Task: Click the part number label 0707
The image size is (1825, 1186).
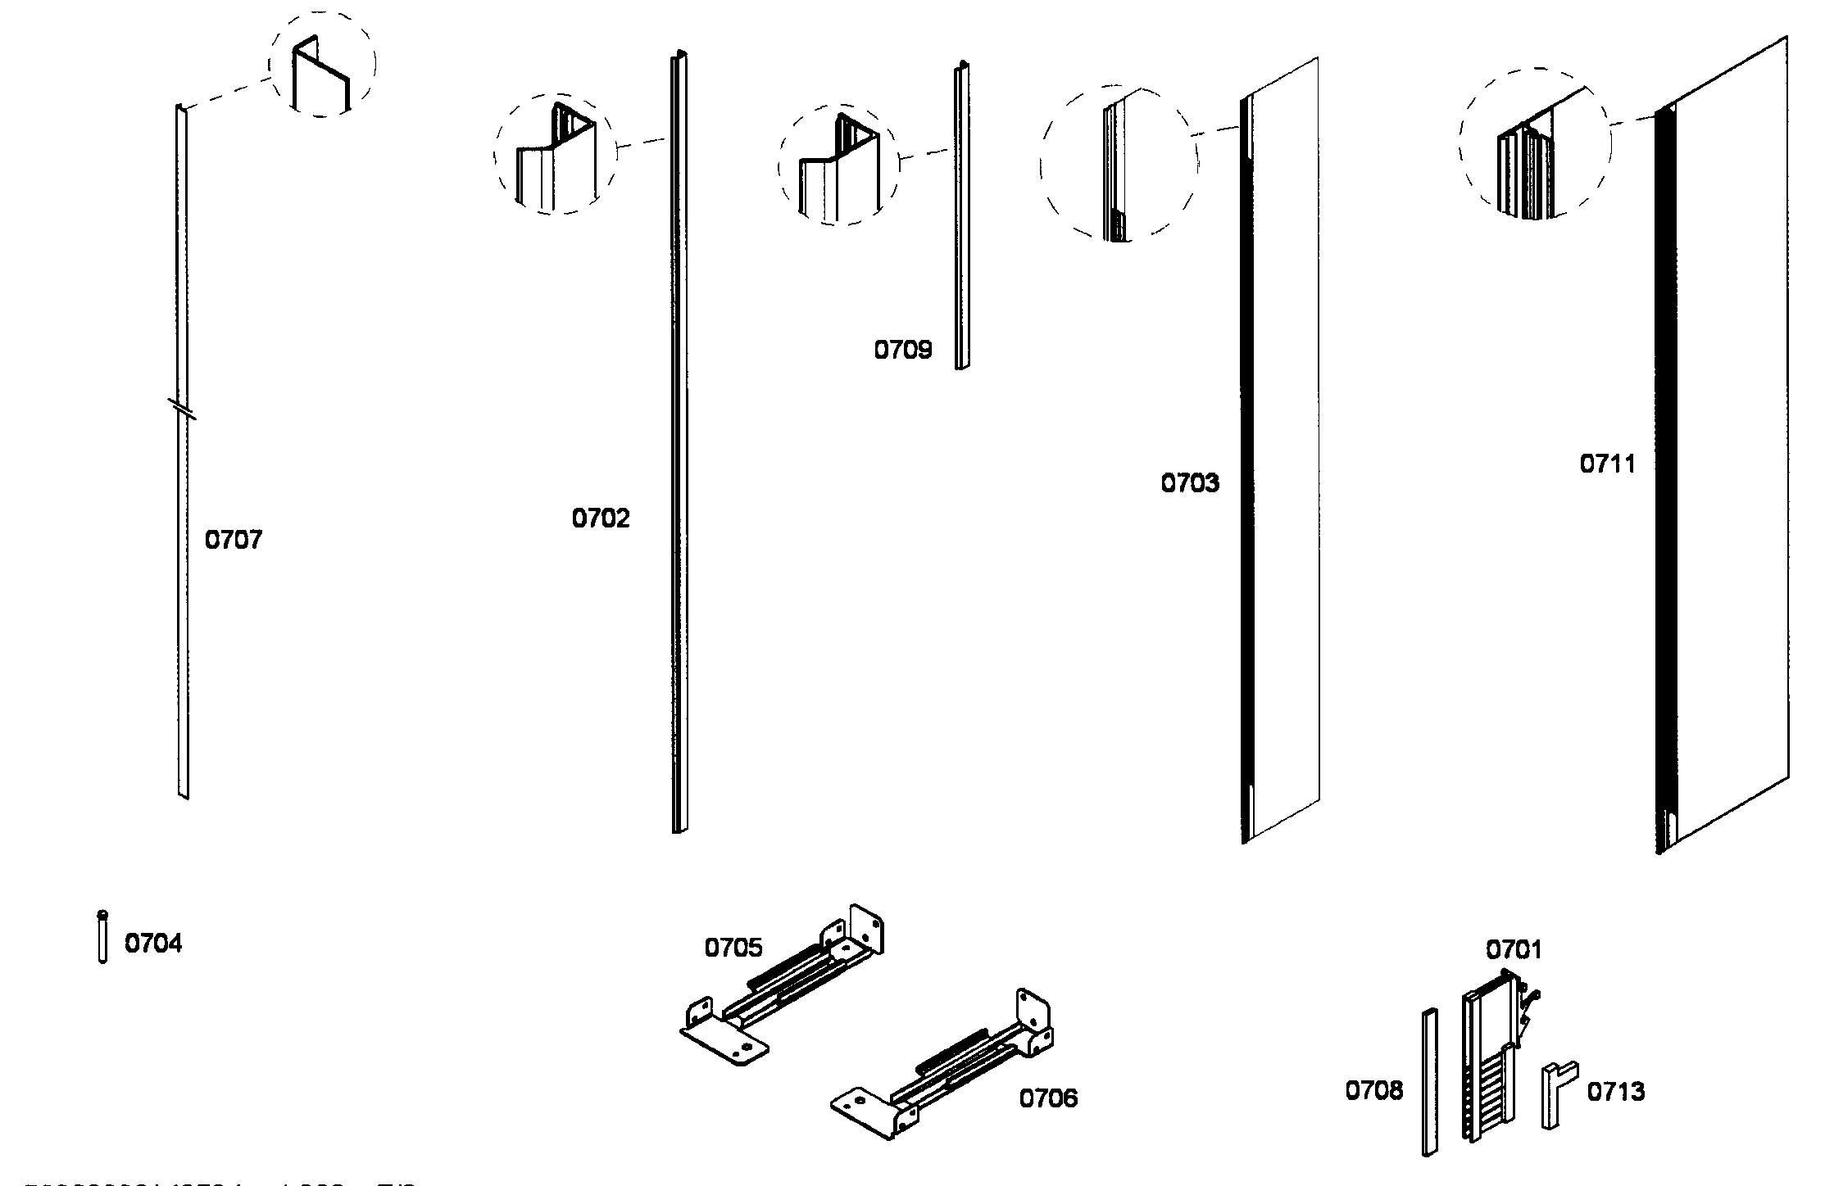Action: (x=233, y=540)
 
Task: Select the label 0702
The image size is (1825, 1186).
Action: (x=601, y=518)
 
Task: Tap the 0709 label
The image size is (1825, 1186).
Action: (x=902, y=351)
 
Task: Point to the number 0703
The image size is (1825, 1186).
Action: (x=1189, y=483)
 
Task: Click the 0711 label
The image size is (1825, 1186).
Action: (x=1607, y=464)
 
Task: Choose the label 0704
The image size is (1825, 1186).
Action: (x=153, y=944)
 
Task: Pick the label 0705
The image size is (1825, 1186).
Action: (x=733, y=948)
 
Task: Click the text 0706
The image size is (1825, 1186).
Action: (x=1048, y=1098)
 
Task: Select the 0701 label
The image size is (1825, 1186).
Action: (x=1514, y=950)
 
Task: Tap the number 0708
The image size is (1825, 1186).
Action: (x=1374, y=1091)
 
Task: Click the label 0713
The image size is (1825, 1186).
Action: (x=1616, y=1092)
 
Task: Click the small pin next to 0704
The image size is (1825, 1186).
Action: (x=102, y=937)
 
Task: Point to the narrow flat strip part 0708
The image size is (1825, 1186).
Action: (x=1429, y=1081)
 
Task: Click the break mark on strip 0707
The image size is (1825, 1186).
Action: (x=183, y=409)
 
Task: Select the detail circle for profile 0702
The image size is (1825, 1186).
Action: (x=555, y=154)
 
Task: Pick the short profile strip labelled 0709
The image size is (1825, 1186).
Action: (x=961, y=217)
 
